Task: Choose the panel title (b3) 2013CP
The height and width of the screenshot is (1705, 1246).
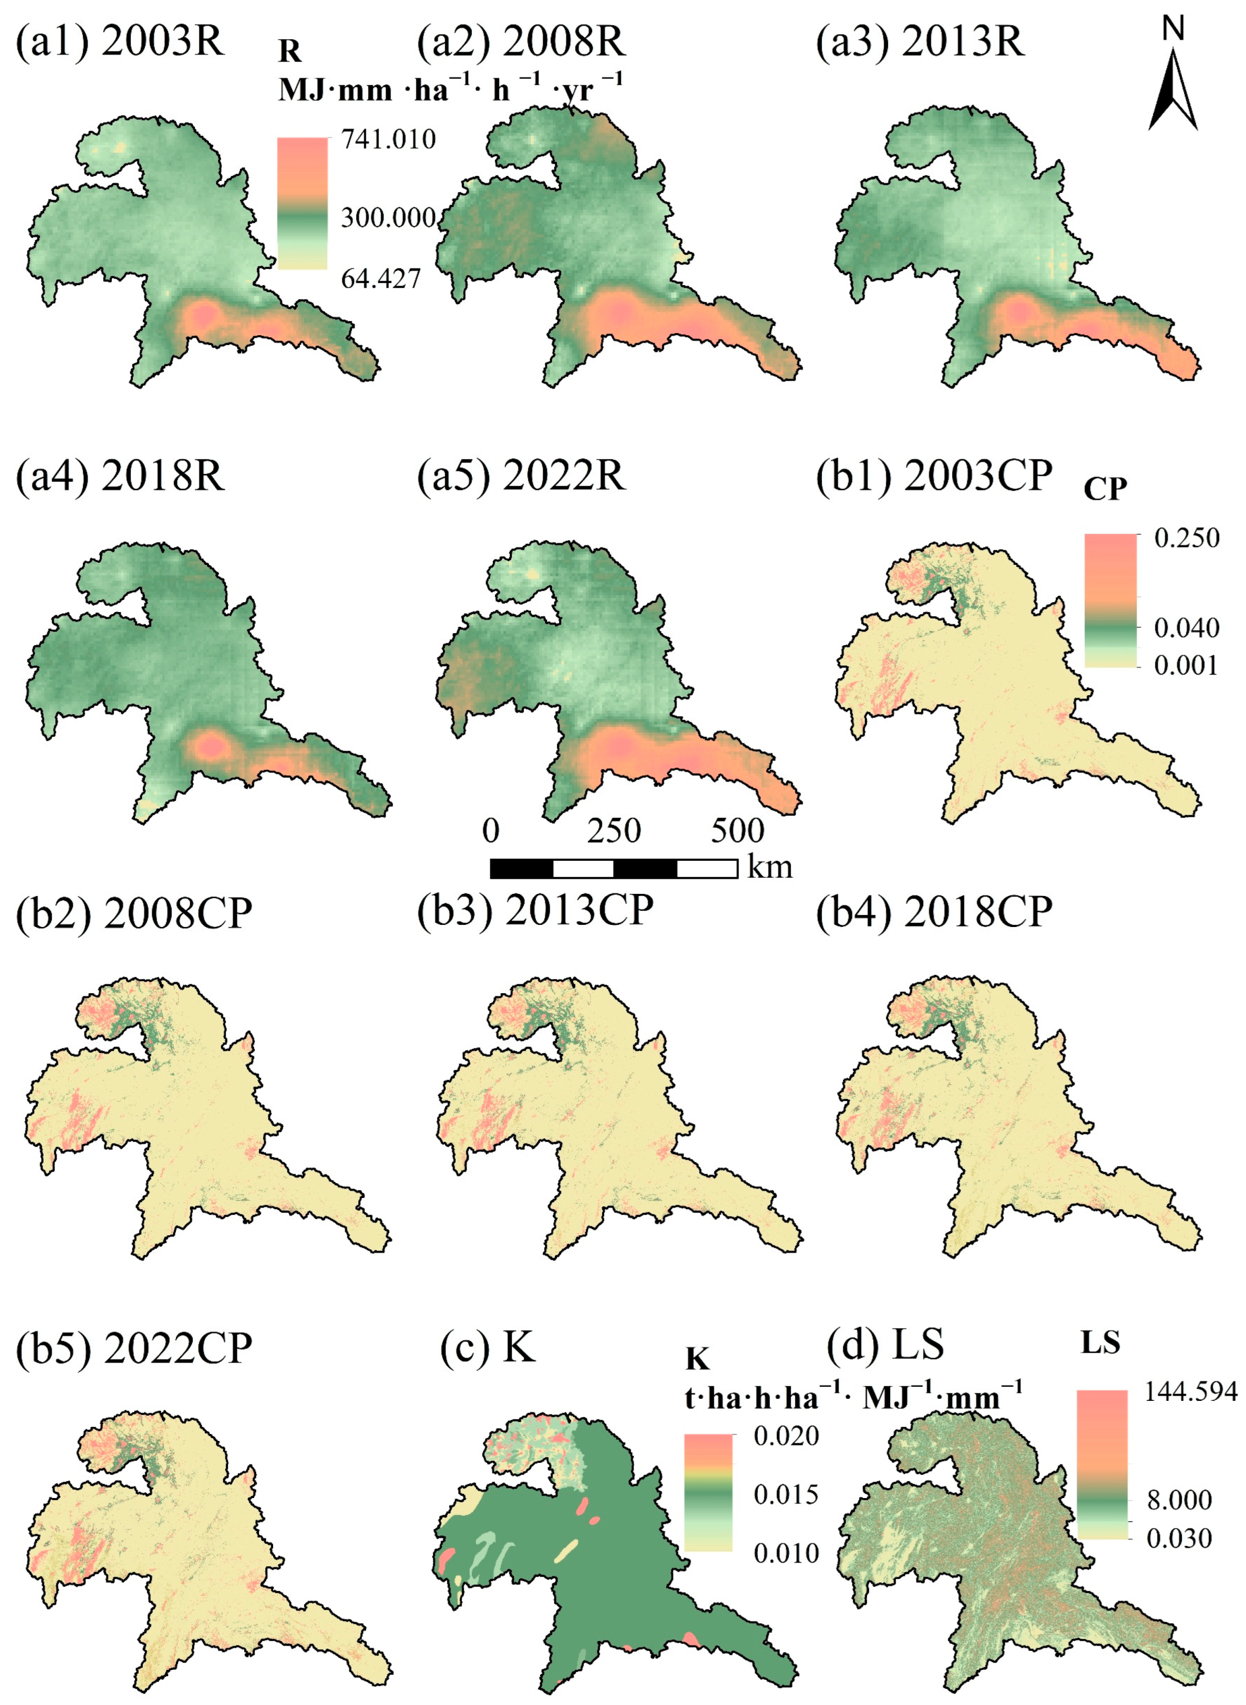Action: click(x=535, y=911)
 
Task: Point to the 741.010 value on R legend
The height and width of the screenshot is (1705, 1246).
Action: click(x=388, y=140)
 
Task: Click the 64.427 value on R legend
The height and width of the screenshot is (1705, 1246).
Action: click(x=380, y=279)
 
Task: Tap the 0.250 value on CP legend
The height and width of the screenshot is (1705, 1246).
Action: click(x=1187, y=538)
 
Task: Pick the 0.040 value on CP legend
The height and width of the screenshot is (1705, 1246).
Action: click(x=1187, y=627)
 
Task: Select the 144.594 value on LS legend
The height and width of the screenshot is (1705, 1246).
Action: click(x=1191, y=1391)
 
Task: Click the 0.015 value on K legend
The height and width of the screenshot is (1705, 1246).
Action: click(x=786, y=1494)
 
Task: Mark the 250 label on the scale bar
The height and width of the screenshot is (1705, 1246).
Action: click(x=614, y=831)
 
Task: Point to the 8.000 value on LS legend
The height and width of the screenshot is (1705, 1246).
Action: click(x=1179, y=1500)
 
